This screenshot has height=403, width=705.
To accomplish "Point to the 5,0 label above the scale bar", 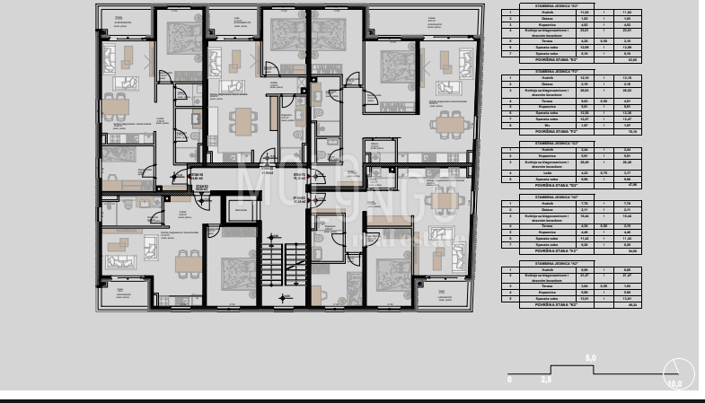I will click(x=590, y=359).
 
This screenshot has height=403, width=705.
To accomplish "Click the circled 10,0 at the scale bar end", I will click(x=675, y=373).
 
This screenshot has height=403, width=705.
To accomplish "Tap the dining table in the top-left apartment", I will click(x=115, y=106).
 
